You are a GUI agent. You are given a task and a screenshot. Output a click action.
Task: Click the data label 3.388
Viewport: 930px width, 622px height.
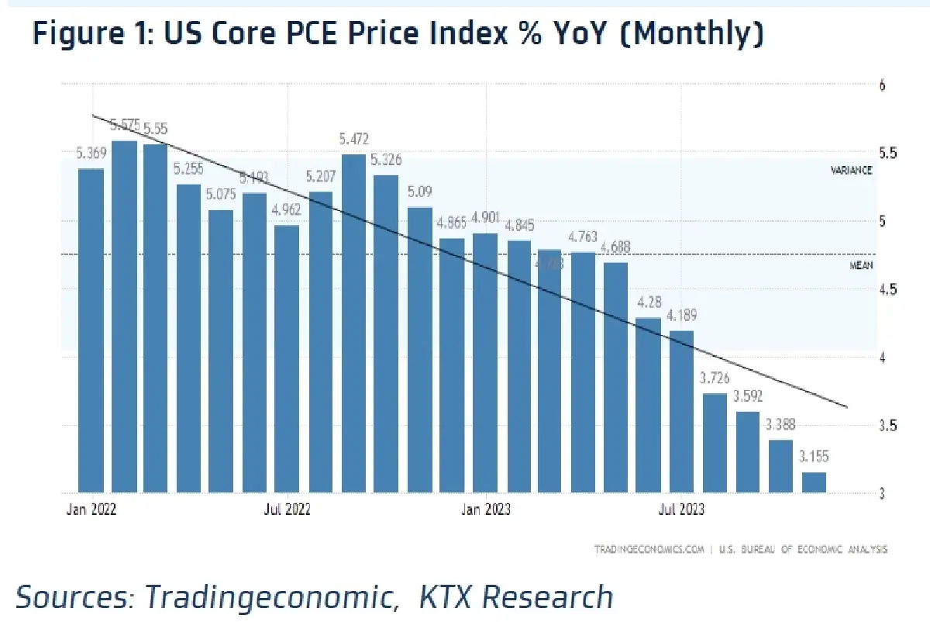(x=780, y=425)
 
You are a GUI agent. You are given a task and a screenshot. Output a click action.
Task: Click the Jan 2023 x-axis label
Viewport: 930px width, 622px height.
(x=486, y=510)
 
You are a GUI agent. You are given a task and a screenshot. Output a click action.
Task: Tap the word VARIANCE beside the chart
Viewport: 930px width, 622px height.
(x=852, y=170)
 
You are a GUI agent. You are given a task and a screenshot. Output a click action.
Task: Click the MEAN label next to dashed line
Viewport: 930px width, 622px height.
(x=861, y=265)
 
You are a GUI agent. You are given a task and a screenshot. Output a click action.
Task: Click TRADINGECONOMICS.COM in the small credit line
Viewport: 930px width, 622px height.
(x=649, y=549)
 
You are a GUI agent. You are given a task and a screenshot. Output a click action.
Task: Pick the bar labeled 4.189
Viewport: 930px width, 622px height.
(x=681, y=411)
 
